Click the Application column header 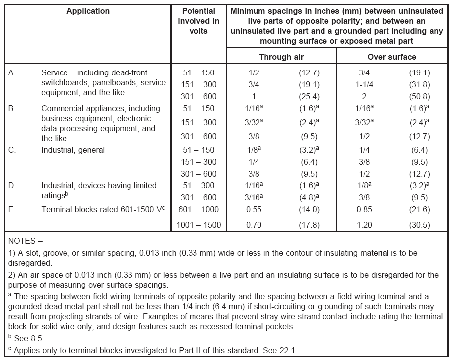pyautogui.click(x=88, y=11)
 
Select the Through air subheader pyautogui.click(x=281, y=57)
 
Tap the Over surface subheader pyautogui.click(x=392, y=57)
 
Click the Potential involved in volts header pyautogui.click(x=198, y=21)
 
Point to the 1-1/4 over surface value pyautogui.click(x=364, y=85)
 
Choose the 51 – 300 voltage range pyautogui.click(x=198, y=186)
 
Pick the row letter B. pyautogui.click(x=12, y=109)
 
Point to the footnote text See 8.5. pyautogui.click(x=28, y=338)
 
